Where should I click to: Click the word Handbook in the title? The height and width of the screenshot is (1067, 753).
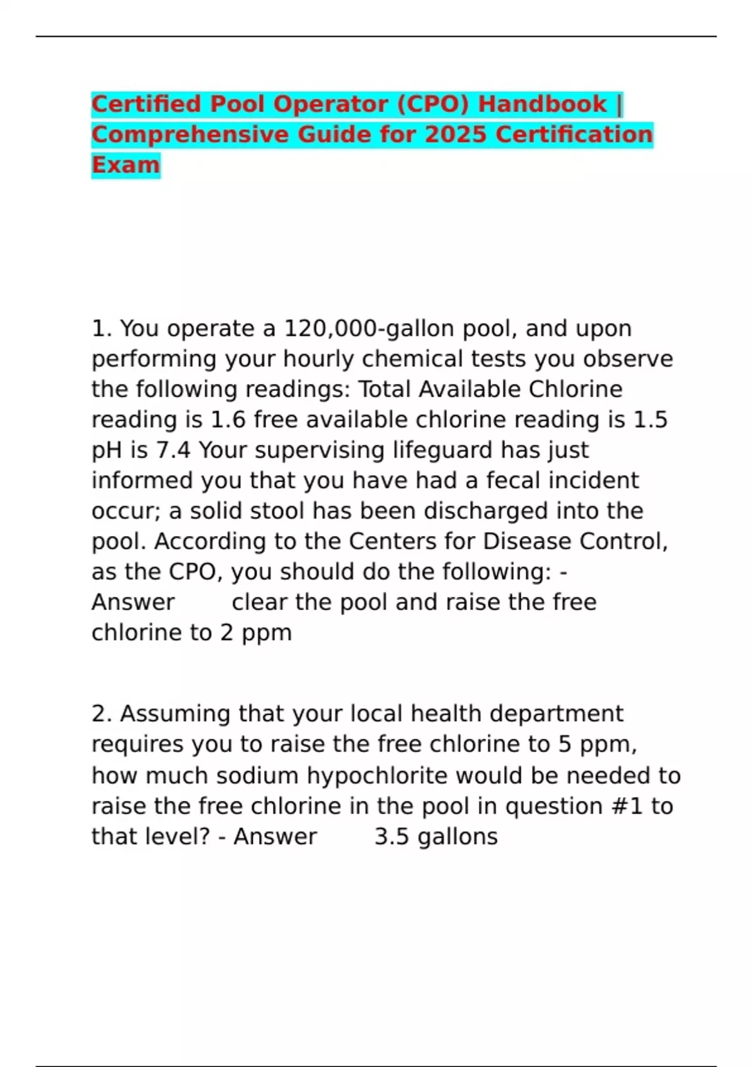tap(542, 104)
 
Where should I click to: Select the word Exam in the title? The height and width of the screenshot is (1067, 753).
tap(125, 165)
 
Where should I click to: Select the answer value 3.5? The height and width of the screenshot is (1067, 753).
tap(392, 837)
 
